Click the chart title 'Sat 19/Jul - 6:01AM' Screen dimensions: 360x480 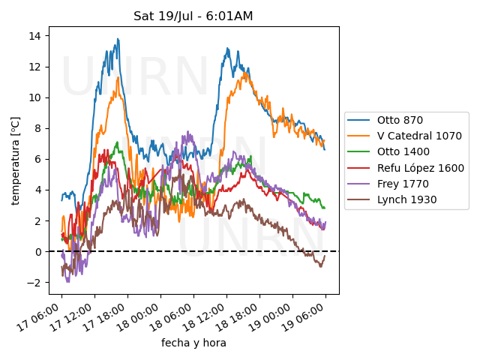coord(193,16)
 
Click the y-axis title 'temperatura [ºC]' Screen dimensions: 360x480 coord(15,160)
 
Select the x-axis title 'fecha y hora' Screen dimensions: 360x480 coord(193,343)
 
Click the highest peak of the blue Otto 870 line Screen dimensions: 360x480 coord(118,39)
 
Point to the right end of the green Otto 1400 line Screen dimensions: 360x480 coord(325,208)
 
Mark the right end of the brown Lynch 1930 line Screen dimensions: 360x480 coord(325,256)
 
